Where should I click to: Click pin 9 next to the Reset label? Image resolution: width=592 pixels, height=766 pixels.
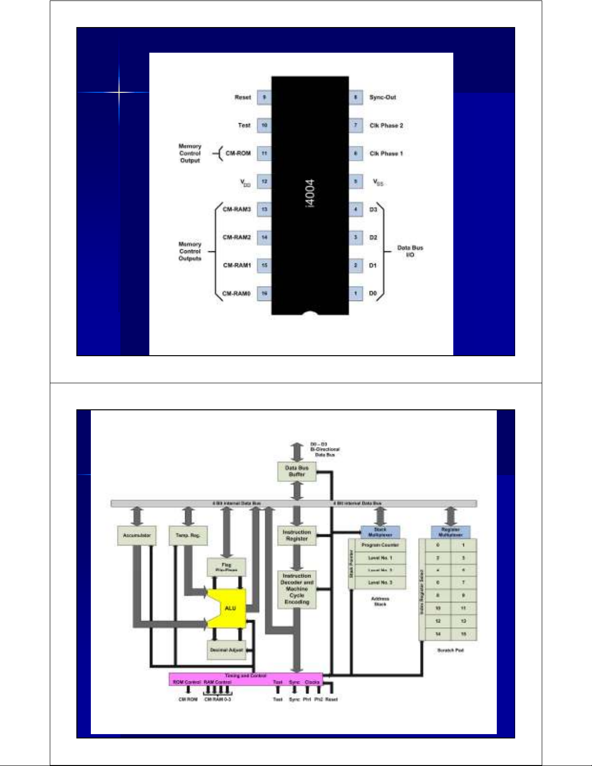pyautogui.click(x=264, y=97)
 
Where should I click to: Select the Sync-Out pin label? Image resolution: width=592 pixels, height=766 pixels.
pyautogui.click(x=382, y=97)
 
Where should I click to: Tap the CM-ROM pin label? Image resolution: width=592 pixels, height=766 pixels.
pyautogui.click(x=238, y=153)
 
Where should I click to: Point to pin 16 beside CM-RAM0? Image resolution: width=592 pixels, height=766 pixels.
pyautogui.click(x=264, y=293)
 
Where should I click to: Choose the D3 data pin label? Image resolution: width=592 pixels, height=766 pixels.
pyautogui.click(x=373, y=210)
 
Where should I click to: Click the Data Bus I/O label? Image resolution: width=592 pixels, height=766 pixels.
pyautogui.click(x=410, y=251)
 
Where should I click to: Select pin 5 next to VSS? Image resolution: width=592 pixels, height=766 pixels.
pyautogui.click(x=356, y=182)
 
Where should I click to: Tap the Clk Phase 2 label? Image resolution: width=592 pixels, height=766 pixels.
pyautogui.click(x=386, y=126)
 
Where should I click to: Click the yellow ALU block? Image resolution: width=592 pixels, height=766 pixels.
pyautogui.click(x=230, y=608)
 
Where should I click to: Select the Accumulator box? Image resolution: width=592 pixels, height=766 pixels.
pyautogui.click(x=137, y=535)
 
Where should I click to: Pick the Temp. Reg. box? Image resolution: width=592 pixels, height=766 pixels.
pyautogui.click(x=188, y=535)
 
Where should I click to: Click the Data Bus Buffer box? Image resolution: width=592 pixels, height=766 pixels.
pyautogui.click(x=297, y=471)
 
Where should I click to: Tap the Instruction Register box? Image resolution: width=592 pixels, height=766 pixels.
pyautogui.click(x=297, y=535)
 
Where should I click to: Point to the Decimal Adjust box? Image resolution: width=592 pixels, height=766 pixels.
pyautogui.click(x=226, y=650)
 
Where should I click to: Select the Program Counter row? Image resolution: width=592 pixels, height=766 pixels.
pyautogui.click(x=380, y=545)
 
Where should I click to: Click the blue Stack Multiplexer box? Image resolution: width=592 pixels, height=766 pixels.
pyautogui.click(x=380, y=532)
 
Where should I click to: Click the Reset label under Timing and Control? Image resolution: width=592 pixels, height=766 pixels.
pyautogui.click(x=332, y=699)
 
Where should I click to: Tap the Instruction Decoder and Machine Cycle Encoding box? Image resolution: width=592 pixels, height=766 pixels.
pyautogui.click(x=297, y=589)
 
